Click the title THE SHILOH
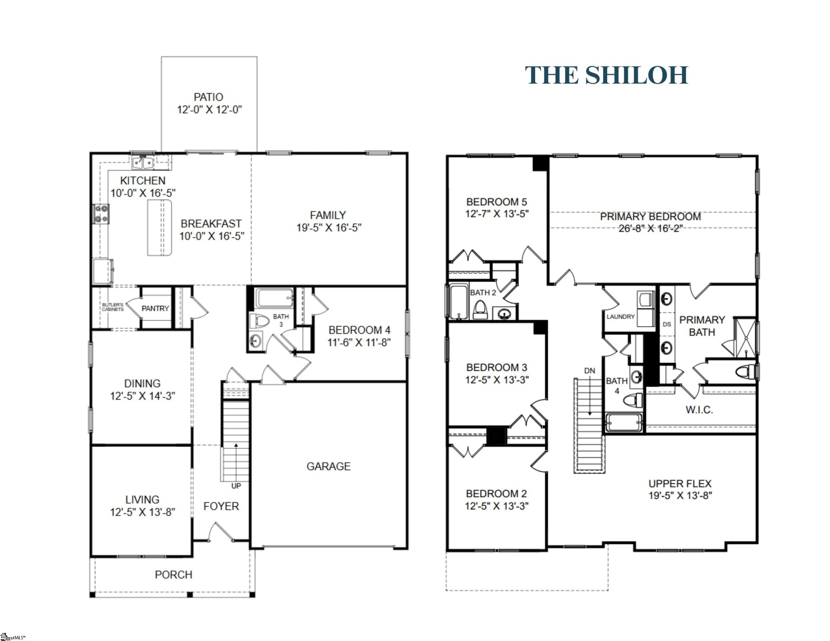(x=606, y=75)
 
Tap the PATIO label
(x=208, y=97)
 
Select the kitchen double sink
(x=143, y=163)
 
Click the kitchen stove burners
(x=101, y=214)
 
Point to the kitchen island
(x=160, y=228)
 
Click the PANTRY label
(x=155, y=309)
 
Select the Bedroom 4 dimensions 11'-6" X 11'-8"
(x=359, y=343)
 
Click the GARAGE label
(x=328, y=466)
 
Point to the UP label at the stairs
(x=236, y=486)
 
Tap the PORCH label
(x=173, y=575)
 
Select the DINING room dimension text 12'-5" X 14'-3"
(x=142, y=396)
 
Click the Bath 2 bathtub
(x=459, y=302)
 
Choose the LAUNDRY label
(x=620, y=317)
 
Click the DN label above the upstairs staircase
(x=589, y=371)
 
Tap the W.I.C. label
(x=699, y=410)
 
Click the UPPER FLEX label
(x=680, y=484)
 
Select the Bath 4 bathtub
(x=624, y=423)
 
